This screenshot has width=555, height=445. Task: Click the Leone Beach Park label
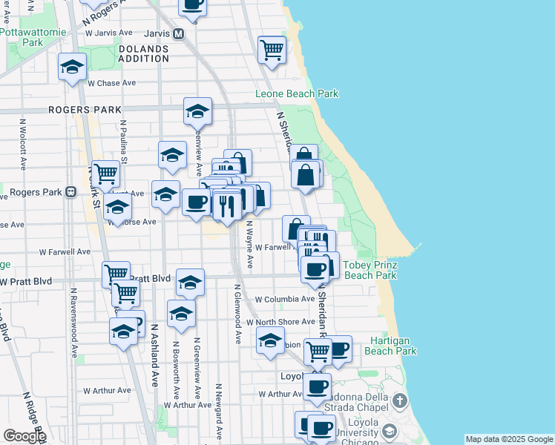[297, 94]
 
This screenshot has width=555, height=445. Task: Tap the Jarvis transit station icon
[178, 33]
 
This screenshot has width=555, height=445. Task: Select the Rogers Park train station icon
[70, 192]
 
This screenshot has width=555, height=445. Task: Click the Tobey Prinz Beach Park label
[370, 270]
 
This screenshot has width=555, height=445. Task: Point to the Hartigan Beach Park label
[393, 346]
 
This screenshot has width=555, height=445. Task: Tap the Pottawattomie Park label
[33, 38]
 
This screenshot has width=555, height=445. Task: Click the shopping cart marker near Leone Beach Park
[272, 50]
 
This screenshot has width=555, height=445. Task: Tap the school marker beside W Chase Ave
[73, 67]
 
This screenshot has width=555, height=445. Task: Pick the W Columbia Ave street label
[285, 300]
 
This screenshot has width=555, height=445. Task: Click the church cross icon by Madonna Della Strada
[400, 402]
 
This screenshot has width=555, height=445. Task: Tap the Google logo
[24, 436]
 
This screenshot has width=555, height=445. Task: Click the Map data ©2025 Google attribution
[508, 439]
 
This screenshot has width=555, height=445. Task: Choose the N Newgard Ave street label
[219, 407]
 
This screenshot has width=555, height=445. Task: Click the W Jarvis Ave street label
[110, 33]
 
